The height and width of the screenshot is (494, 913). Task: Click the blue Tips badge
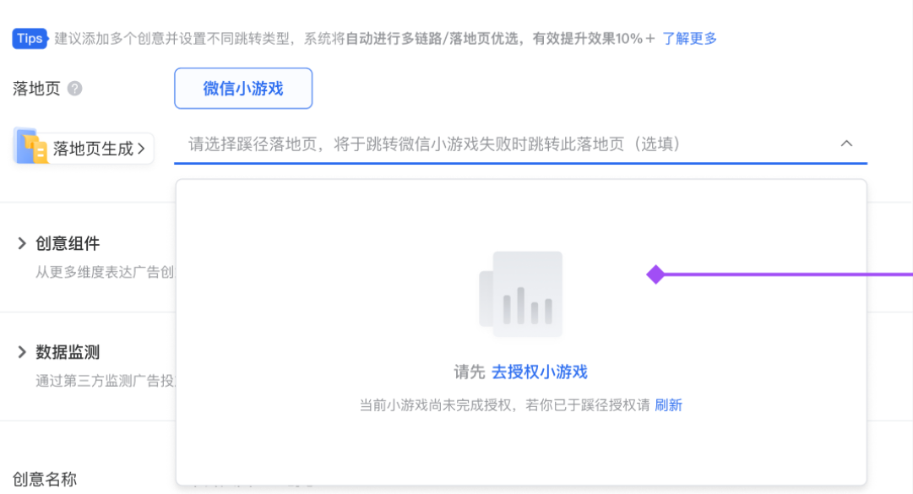click(x=30, y=38)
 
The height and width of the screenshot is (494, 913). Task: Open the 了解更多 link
click(x=689, y=38)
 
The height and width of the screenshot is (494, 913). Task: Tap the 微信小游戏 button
click(x=243, y=89)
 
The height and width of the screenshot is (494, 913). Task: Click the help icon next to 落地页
click(x=74, y=89)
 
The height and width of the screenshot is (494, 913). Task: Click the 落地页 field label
click(x=36, y=89)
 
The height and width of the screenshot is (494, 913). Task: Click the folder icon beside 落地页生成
click(x=31, y=146)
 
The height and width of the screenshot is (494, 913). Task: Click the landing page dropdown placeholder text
click(x=434, y=144)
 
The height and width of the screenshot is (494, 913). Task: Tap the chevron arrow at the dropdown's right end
click(x=846, y=144)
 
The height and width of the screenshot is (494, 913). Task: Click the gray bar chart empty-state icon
click(x=521, y=295)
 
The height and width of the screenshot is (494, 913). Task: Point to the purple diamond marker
click(x=655, y=274)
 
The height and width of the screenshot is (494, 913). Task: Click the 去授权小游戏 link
click(x=539, y=372)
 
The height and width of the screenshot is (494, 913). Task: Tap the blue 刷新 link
click(x=668, y=405)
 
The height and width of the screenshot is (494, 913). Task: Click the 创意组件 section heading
click(x=68, y=244)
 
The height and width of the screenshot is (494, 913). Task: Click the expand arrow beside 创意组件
click(x=22, y=244)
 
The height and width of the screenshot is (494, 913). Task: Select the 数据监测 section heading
click(x=68, y=352)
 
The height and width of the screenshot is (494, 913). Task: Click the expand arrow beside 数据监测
click(x=22, y=352)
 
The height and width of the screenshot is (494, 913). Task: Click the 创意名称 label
click(x=44, y=480)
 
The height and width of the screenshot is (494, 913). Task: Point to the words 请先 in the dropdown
click(x=470, y=372)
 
